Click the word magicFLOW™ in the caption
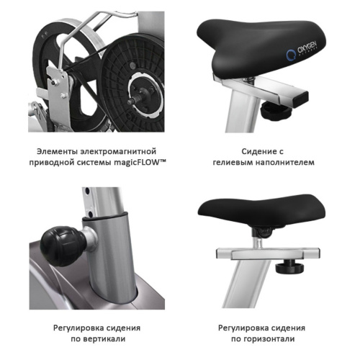140,163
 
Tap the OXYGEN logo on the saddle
302,51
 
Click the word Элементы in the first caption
57,151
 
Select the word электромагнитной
118,152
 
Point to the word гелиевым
233,163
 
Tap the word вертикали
104,339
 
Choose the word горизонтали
269,339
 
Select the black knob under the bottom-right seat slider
289,266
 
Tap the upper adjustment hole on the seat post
87,192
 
